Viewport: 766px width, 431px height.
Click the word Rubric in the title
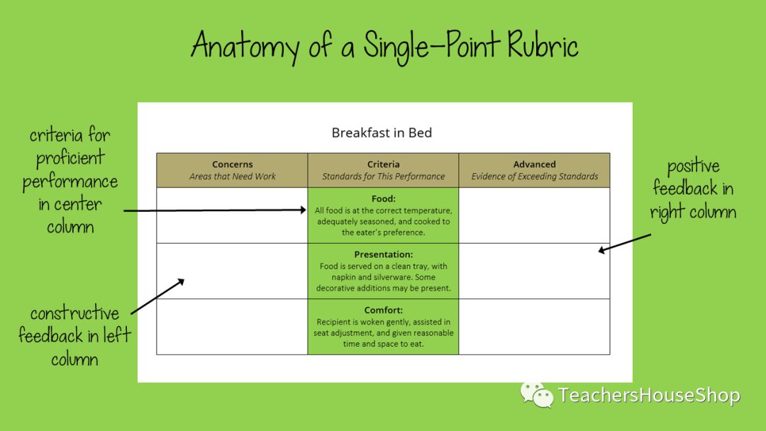coord(543,45)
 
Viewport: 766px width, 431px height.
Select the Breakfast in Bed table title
coord(382,133)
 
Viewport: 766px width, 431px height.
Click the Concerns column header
coord(232,170)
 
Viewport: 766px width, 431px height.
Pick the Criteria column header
coord(384,170)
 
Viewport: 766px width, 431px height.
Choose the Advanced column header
coord(535,170)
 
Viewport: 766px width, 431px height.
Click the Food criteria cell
coord(384,216)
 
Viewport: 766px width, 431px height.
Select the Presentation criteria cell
coord(384,271)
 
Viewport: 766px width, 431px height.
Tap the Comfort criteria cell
coord(384,327)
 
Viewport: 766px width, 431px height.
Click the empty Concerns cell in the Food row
coord(232,216)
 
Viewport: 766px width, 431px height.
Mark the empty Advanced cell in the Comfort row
coord(535,327)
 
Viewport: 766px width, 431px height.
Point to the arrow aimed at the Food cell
coord(215,211)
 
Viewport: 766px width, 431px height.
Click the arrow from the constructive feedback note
coord(157,296)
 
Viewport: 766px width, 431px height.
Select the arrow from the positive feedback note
coord(625,243)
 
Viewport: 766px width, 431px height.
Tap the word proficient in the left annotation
coord(70,158)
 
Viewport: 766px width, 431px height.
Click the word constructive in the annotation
coord(74,313)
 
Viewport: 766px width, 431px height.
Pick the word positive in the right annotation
coord(693,167)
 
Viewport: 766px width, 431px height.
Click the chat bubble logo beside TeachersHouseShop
coord(536,394)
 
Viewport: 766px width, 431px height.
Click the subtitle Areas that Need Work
coord(233,177)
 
